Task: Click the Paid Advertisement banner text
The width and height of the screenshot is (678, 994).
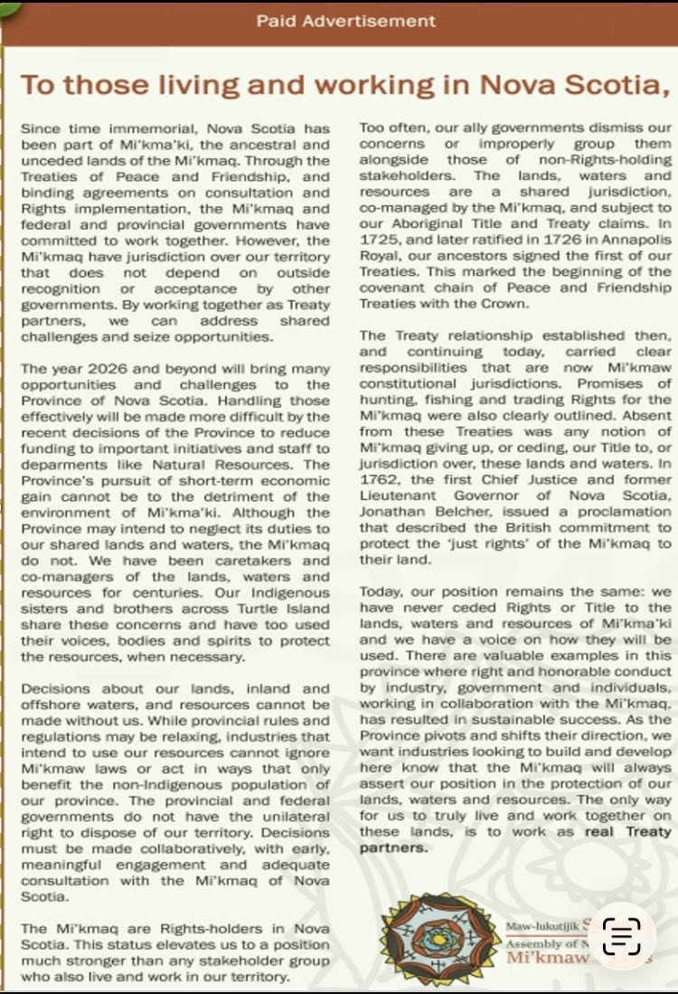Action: [345, 20]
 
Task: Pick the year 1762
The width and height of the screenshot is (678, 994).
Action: [376, 480]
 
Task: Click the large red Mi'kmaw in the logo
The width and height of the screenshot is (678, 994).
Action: [548, 957]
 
